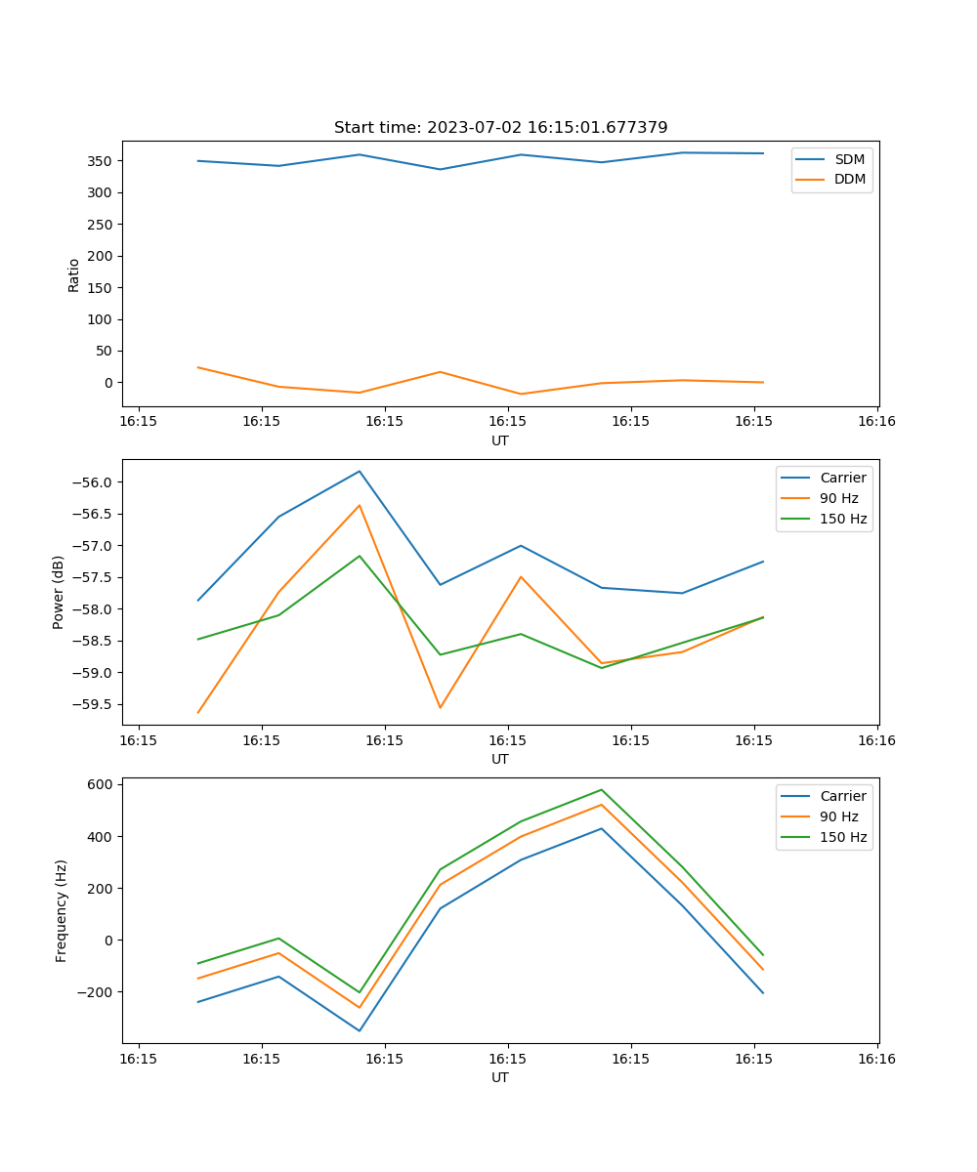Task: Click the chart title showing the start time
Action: [x=500, y=128]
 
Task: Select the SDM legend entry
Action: [x=848, y=159]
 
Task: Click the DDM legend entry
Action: [x=849, y=179]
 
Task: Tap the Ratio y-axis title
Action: [x=74, y=275]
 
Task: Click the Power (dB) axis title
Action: [x=59, y=592]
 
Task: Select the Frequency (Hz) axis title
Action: [x=62, y=910]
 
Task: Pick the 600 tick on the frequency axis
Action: [x=101, y=784]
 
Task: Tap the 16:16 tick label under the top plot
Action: [x=876, y=421]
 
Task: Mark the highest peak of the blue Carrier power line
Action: [x=360, y=471]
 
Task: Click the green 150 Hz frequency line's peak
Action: [x=601, y=789]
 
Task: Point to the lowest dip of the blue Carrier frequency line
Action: [x=360, y=1030]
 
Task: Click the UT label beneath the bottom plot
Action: [x=500, y=1077]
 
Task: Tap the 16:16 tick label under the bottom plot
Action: [x=876, y=1058]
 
